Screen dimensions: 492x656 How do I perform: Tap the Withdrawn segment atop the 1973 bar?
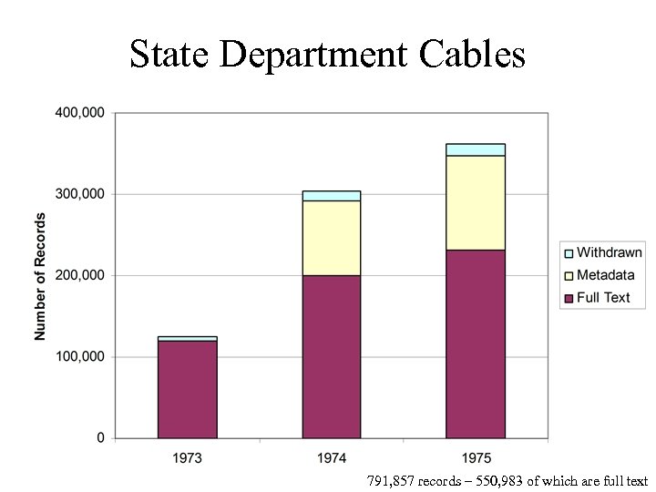(x=187, y=338)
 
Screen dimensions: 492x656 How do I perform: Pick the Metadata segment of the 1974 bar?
(x=331, y=238)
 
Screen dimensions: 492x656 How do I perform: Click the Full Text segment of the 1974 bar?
(x=331, y=356)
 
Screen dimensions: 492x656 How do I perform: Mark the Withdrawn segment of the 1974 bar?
(x=331, y=196)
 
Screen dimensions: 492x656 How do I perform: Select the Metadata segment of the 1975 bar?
(x=475, y=202)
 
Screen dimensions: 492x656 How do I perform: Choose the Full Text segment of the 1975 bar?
(x=475, y=343)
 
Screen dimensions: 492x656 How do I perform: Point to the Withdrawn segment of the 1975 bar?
(x=475, y=149)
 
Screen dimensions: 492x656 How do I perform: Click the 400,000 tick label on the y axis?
(x=80, y=113)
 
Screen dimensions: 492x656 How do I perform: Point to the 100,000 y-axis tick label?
(x=80, y=357)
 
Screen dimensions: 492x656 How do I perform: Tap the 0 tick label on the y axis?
(x=100, y=438)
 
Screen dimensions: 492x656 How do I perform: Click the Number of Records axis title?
(x=40, y=276)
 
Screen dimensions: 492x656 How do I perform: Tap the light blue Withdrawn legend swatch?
(x=568, y=253)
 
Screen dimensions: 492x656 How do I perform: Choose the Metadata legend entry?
(x=604, y=275)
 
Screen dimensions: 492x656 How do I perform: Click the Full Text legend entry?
(x=602, y=297)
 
